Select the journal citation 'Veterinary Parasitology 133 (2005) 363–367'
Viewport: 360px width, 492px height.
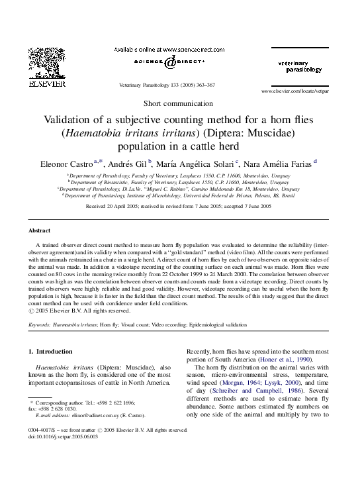[166, 85]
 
